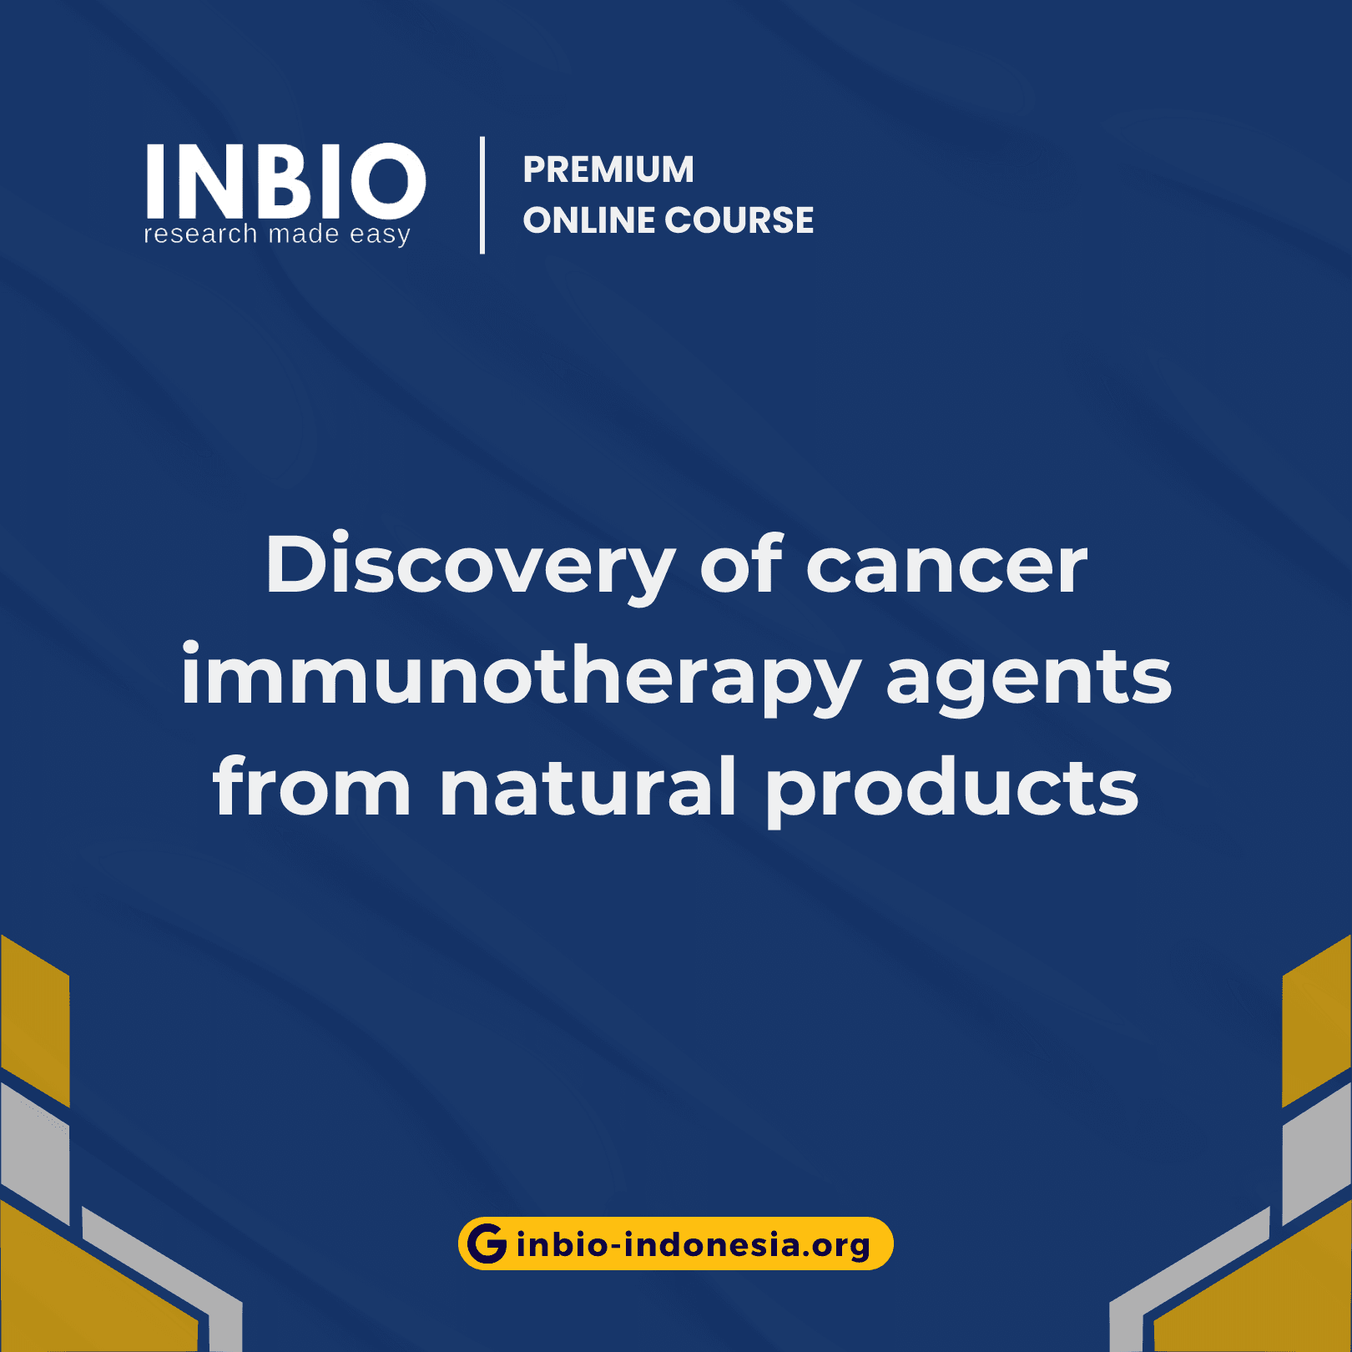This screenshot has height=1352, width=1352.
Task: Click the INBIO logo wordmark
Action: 285,180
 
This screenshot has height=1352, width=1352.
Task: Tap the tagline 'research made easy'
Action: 277,235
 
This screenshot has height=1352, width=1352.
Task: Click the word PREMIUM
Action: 608,169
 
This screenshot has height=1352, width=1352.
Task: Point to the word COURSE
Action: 739,220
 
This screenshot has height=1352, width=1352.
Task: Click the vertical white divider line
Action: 482,195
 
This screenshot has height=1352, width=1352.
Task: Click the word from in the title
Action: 312,786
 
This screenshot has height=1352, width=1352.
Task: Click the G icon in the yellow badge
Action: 487,1244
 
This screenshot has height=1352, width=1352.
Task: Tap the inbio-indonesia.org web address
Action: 693,1245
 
